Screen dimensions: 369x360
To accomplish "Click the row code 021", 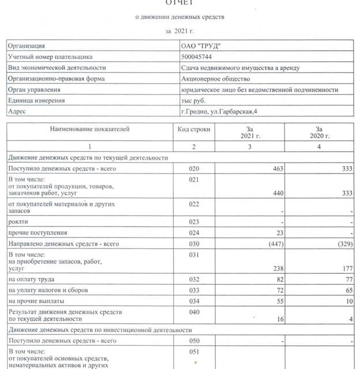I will [194, 179].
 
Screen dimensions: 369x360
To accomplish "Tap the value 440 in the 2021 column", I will [272, 193].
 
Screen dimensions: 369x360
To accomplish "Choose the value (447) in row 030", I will [269, 244].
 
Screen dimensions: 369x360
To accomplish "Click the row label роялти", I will [18, 221].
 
